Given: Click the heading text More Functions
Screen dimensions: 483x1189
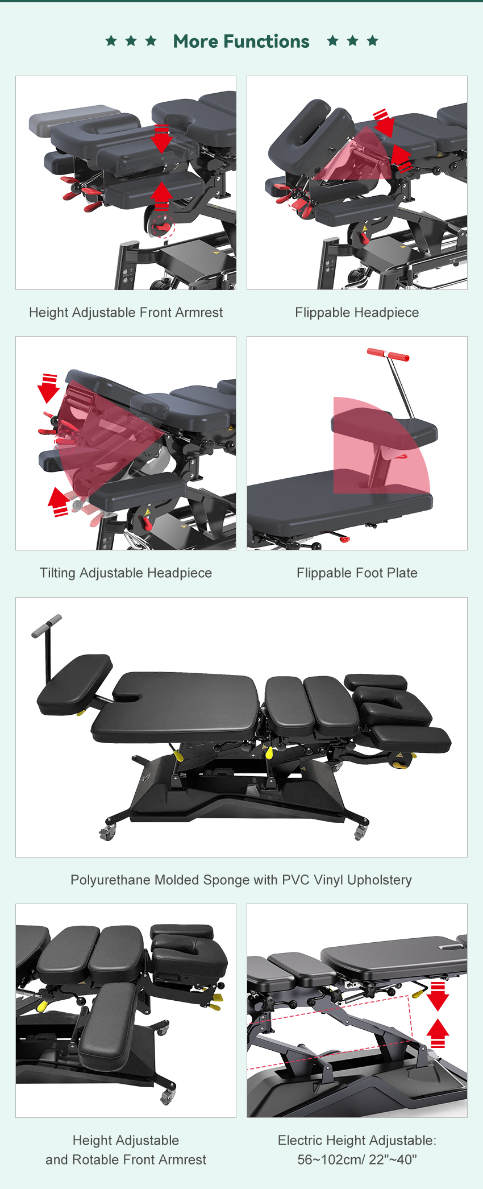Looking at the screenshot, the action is pos(241,42).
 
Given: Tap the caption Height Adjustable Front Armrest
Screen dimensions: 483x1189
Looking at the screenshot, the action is pos(126,312).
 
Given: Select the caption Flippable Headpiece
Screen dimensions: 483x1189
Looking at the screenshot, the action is pos(357,312).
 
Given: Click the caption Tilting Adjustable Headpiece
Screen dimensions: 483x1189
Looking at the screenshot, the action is pos(126,573).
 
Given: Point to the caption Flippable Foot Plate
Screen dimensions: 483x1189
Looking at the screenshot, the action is pos(357,573).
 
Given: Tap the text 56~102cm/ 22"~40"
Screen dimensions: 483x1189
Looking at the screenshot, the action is pos(357,1159).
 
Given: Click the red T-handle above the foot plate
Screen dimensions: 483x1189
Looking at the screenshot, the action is pos(388,355).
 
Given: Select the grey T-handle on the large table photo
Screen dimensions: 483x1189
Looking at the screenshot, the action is pos(47,625).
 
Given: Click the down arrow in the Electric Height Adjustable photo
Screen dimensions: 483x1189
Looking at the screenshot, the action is pos(438,996).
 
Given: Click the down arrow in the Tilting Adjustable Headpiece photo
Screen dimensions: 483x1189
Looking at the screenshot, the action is pos(49,388).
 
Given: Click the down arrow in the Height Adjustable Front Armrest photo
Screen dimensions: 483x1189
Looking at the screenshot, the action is pos(162,138).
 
